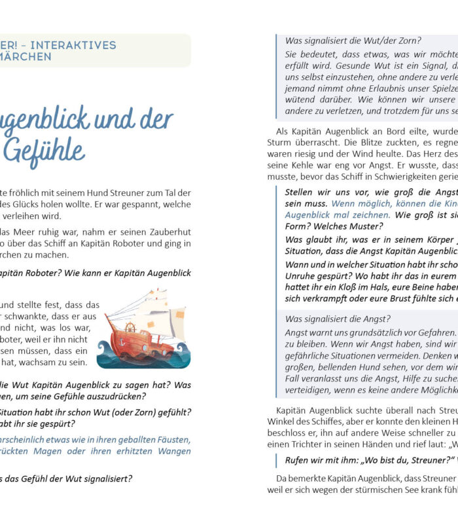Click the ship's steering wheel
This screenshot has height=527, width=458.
coord(130,326)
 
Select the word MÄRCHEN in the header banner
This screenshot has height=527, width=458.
coord(26,57)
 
